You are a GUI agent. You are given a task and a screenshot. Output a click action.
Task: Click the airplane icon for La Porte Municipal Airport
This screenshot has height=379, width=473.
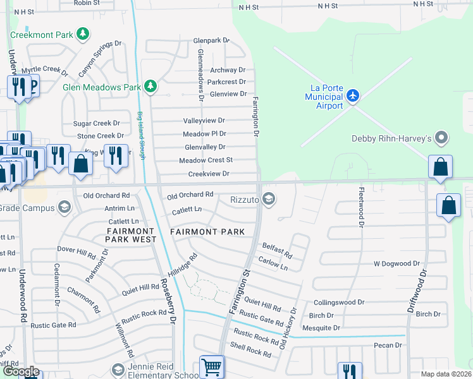(x=352, y=96)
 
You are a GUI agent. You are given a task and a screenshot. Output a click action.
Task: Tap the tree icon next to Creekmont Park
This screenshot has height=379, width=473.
(x=82, y=33)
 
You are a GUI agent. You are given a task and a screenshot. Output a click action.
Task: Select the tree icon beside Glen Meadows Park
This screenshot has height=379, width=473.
(x=150, y=86)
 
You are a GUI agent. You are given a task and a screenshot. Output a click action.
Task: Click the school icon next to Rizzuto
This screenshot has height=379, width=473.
(x=269, y=200)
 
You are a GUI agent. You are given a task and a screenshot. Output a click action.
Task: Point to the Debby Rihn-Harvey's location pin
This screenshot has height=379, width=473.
(x=442, y=138)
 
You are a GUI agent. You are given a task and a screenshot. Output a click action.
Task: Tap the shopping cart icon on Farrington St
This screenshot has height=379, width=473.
(x=211, y=366)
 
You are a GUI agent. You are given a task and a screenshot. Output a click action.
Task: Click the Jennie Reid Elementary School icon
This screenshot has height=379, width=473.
(x=117, y=369)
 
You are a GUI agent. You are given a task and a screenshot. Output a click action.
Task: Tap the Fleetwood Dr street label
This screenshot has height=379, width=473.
(x=361, y=206)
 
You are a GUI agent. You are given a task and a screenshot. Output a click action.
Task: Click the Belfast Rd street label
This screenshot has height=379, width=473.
(x=277, y=250)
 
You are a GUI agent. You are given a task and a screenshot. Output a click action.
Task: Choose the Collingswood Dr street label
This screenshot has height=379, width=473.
(x=339, y=303)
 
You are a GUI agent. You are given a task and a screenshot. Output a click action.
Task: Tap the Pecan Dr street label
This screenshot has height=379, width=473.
(x=388, y=345)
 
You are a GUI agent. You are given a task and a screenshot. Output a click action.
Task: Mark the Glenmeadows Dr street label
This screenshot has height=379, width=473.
(x=200, y=75)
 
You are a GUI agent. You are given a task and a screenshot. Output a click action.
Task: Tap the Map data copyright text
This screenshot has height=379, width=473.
(x=446, y=374)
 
